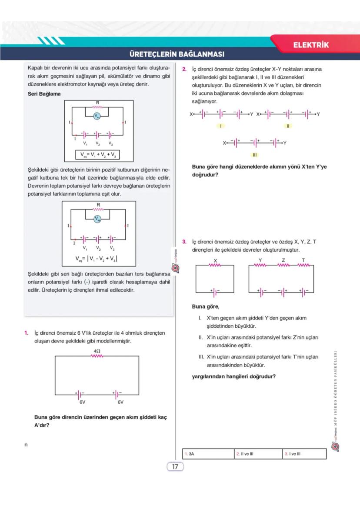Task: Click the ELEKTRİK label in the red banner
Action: tap(311, 45)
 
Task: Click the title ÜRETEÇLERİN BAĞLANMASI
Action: tap(177, 54)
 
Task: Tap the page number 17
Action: tap(175, 467)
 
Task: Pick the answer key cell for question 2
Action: tap(258, 454)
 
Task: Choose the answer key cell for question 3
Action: tap(304, 454)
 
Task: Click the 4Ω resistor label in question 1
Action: tap(97, 350)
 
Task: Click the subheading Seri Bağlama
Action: tap(44, 94)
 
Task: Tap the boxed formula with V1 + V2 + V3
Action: tap(98, 155)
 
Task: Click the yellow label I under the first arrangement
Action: tap(221, 126)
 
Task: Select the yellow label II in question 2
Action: tap(287, 126)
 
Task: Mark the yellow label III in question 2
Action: tap(255, 155)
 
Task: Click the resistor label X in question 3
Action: tap(216, 260)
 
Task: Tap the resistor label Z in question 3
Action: tap(283, 260)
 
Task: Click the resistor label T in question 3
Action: tap(303, 260)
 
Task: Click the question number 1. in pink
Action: tap(27, 333)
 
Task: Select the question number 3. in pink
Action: tap(184, 242)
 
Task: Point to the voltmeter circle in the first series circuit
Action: tap(97, 116)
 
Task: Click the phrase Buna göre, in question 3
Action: tap(206, 306)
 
